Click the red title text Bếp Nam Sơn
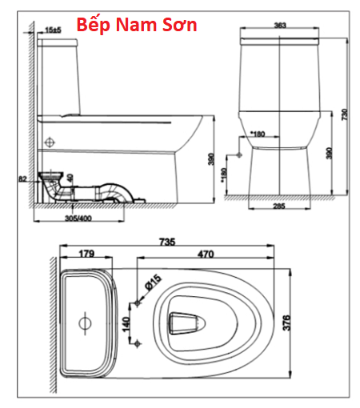[x=137, y=25]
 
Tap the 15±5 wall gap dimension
[x=53, y=30]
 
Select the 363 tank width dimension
[x=280, y=26]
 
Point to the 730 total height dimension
[x=345, y=114]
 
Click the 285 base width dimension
[x=279, y=206]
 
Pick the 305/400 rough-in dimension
[x=78, y=218]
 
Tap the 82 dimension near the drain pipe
[x=22, y=179]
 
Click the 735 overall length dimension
[x=167, y=242]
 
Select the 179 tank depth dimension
[x=86, y=254]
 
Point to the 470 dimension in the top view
[x=206, y=254]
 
